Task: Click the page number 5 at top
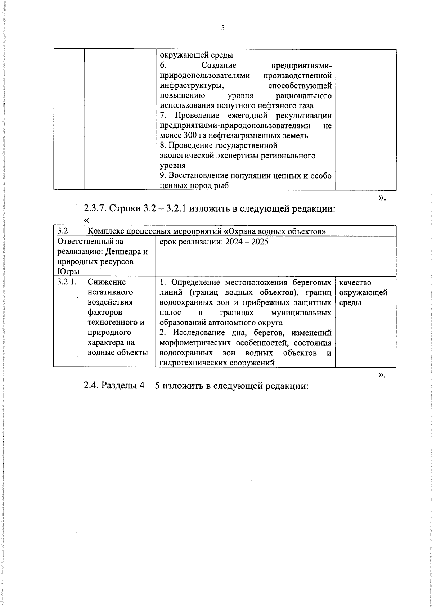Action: click(x=222, y=28)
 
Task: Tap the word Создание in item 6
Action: click(x=219, y=66)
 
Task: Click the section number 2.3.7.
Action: click(x=95, y=208)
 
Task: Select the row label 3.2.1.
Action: click(x=66, y=282)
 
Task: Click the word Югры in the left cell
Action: click(x=64, y=271)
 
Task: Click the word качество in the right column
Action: click(x=355, y=283)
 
